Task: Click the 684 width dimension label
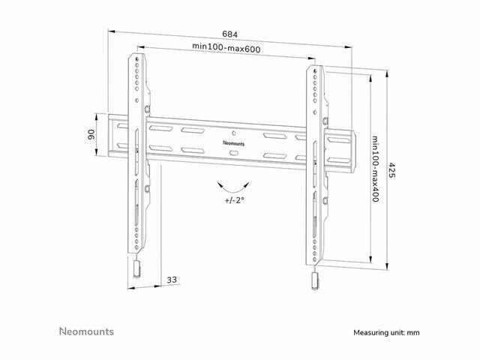coord(230,34)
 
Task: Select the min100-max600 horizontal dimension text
coord(226,48)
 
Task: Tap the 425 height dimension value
coord(391,170)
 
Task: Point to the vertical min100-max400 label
coord(376,169)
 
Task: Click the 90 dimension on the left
coord(91,134)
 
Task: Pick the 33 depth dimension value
coord(172,280)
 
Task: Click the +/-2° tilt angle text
coord(235,200)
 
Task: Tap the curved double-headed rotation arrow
coord(233,187)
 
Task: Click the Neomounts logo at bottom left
coord(86,331)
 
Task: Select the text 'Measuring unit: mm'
coord(386,333)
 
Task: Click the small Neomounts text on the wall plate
coord(233,143)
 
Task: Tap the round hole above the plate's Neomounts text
coord(234,133)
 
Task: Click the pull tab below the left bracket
coord(136,269)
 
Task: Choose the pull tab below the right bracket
coord(315,281)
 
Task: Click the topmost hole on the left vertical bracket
coord(136,58)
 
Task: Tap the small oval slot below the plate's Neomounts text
coord(233,153)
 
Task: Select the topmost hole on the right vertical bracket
coord(315,71)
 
